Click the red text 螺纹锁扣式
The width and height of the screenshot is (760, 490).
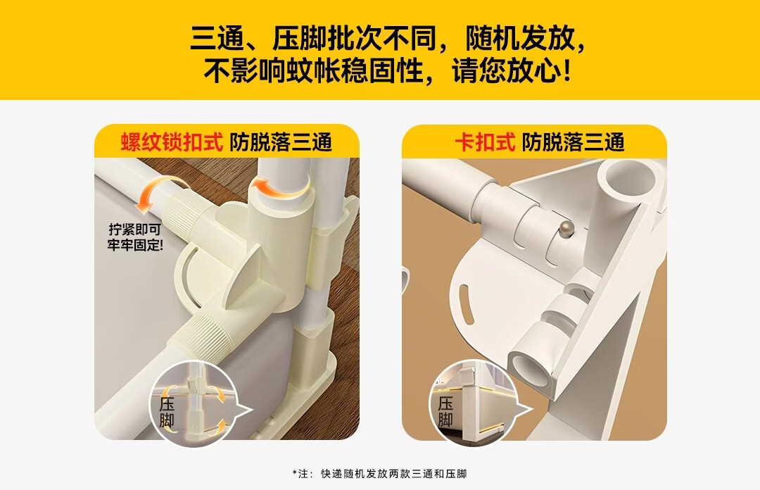coord(172,142)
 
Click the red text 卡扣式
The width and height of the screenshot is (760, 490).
coord(485,142)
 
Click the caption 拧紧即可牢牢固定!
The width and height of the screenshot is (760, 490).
coord(134,237)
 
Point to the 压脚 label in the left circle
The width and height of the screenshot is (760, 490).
coord(167,413)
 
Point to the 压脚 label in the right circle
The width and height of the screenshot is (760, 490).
coord(445,413)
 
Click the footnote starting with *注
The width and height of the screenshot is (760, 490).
coord(379,474)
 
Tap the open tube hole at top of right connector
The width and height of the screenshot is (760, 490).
coord(630,180)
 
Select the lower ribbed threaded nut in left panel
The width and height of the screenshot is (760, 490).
coord(206,332)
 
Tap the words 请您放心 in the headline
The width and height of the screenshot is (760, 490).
coord(507,71)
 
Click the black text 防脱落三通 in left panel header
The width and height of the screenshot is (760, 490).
coord(281,142)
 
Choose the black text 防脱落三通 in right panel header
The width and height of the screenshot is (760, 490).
coord(573,142)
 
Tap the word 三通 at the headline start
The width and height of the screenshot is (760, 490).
coord(217,39)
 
